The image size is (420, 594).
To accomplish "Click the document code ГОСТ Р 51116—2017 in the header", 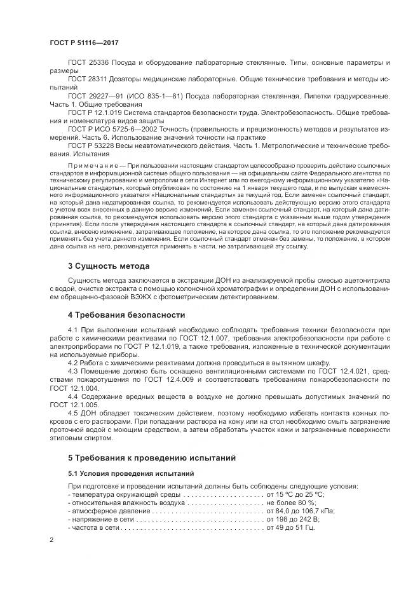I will click(x=85, y=43).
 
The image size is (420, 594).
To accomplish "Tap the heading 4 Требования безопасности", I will click(x=127, y=315).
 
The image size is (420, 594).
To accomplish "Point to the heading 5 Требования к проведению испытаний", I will click(x=152, y=457).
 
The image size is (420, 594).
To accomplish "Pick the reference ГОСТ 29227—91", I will click(x=102, y=96).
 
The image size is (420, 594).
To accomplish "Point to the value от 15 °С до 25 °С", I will click(x=295, y=494).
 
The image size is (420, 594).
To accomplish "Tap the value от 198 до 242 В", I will click(x=294, y=519).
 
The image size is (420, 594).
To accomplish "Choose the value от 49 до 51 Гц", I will click(x=291, y=527).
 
